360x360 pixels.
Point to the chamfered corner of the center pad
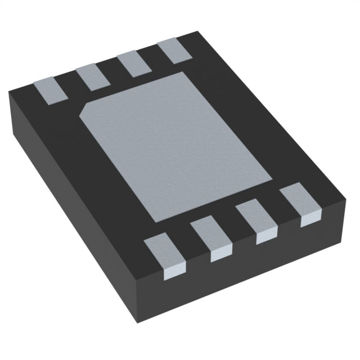pos(84,109)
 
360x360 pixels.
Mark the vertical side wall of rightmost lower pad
pos(310,219)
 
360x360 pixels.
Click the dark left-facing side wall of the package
pos(67,225)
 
